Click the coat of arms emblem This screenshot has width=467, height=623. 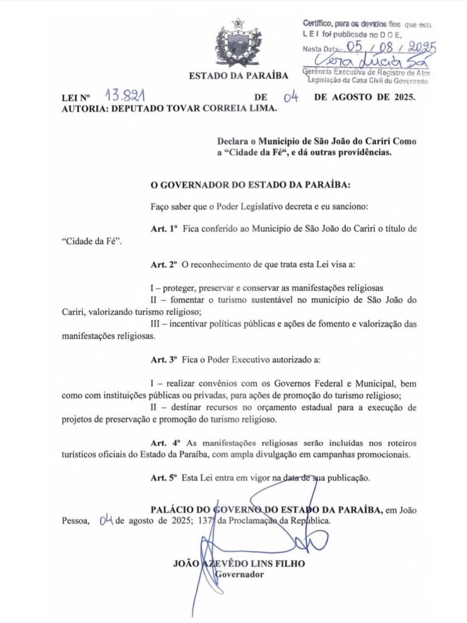tap(238, 43)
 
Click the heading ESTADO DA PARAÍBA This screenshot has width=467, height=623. tap(238, 75)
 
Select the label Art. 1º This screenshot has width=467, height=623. tap(164, 228)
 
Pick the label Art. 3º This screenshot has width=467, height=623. tap(164, 360)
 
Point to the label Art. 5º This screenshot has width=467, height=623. tap(164, 478)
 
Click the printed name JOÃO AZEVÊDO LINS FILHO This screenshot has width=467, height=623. tap(239, 563)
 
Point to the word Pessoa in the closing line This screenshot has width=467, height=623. tap(75, 521)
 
